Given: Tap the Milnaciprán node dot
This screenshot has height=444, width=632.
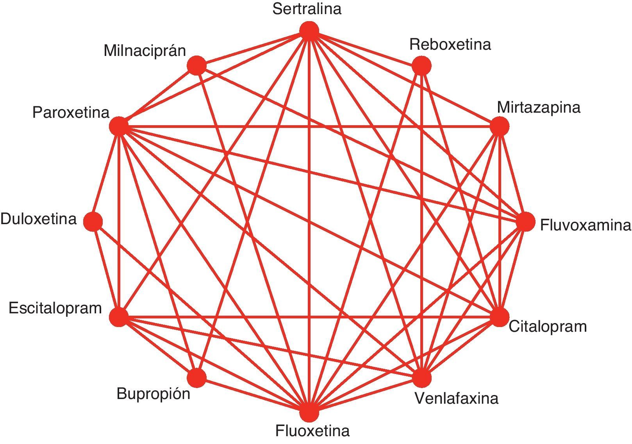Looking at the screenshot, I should pyautogui.click(x=196, y=65).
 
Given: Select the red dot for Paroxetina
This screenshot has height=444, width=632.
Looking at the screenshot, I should pyautogui.click(x=119, y=126).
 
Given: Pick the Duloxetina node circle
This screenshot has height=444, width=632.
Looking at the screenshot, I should pyautogui.click(x=93, y=221).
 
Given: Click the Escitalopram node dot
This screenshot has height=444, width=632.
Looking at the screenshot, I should pyautogui.click(x=119, y=316).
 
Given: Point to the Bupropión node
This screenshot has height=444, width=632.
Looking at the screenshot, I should pyautogui.click(x=196, y=378).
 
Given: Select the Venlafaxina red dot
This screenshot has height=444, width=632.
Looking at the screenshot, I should pyautogui.click(x=421, y=378).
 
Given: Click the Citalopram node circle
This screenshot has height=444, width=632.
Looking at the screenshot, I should pyautogui.click(x=500, y=317).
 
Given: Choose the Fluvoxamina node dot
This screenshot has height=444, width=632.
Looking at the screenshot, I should pyautogui.click(x=525, y=222).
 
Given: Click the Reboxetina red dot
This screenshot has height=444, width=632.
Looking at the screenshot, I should pyautogui.click(x=421, y=65).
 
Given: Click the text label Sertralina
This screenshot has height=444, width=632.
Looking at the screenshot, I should pyautogui.click(x=307, y=9).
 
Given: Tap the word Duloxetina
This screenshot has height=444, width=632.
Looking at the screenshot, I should pyautogui.click(x=39, y=219).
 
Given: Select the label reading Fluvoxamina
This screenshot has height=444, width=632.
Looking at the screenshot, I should pyautogui.click(x=585, y=226).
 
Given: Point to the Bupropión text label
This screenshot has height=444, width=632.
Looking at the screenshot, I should pyautogui.click(x=154, y=394).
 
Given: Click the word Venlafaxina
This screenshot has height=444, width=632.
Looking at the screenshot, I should pyautogui.click(x=456, y=399).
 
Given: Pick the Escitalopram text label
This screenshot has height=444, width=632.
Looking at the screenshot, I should pyautogui.click(x=55, y=308).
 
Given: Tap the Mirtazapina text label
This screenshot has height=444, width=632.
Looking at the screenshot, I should pyautogui.click(x=539, y=107).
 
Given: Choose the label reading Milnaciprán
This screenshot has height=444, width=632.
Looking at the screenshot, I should pyautogui.click(x=145, y=51).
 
